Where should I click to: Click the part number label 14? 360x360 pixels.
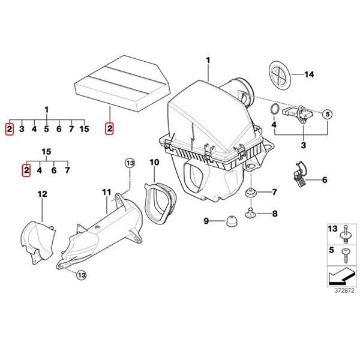[x=309, y=74]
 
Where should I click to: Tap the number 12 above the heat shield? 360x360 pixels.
[x=42, y=193]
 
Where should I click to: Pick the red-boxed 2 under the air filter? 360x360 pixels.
[x=109, y=128]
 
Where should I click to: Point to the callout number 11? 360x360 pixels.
[x=106, y=193]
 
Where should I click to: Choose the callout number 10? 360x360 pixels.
[x=154, y=162]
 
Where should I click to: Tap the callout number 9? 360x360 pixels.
[x=206, y=221]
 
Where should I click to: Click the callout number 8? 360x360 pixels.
[x=274, y=213]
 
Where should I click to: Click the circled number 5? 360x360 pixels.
[x=327, y=113]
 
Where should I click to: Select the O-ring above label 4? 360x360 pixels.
[x=274, y=110]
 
